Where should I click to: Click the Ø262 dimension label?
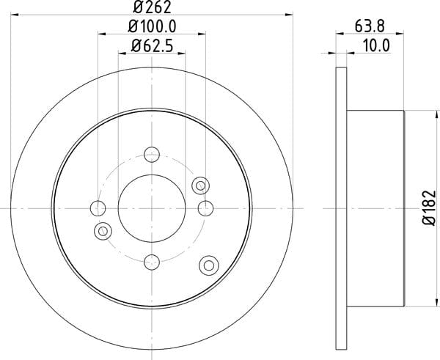coord(152,7)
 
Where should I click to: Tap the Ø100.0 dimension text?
coord(152,26)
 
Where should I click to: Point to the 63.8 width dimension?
coord(370,26)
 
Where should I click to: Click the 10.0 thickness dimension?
coord(376,45)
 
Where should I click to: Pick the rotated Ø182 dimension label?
coord(429,208)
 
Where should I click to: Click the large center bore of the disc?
coord(152,208)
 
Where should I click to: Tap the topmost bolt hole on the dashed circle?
coord(152,154)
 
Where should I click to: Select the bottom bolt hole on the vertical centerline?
coord(152,262)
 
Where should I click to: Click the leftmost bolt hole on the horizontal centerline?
coord(98,208)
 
